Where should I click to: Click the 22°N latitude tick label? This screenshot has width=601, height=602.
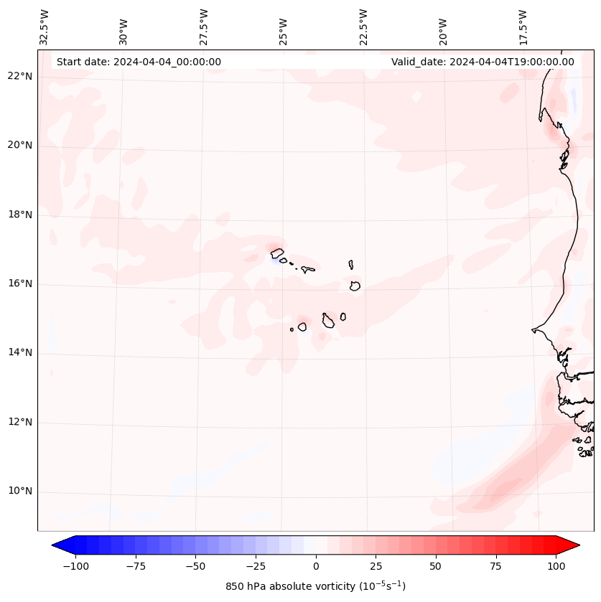[x=19, y=77]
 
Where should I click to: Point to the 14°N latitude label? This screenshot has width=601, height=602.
[x=19, y=353]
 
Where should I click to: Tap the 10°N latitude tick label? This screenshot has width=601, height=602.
[x=19, y=492]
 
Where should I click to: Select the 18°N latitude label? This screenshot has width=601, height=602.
[x=19, y=215]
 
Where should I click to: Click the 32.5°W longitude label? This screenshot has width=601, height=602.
[x=45, y=27]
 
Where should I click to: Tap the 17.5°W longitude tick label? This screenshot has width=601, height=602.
[x=523, y=27]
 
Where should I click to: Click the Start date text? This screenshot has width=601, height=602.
[x=139, y=62]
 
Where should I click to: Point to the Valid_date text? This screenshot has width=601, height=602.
[x=483, y=62]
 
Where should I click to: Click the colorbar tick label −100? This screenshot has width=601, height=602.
[x=75, y=566]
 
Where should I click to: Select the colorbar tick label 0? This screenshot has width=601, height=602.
[x=316, y=566]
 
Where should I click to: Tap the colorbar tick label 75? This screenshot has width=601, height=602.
[x=496, y=566]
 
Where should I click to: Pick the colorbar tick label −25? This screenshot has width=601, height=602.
[x=256, y=566]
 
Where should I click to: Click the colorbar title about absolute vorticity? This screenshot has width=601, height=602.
[x=316, y=587]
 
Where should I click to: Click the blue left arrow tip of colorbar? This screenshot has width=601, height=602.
[x=55, y=545]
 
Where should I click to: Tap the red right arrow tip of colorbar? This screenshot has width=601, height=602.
[x=577, y=545]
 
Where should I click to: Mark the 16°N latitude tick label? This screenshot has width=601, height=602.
[x=19, y=284]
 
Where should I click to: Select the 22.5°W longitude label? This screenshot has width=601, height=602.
[x=363, y=27]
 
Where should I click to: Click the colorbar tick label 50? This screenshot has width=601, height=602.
[x=436, y=566]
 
